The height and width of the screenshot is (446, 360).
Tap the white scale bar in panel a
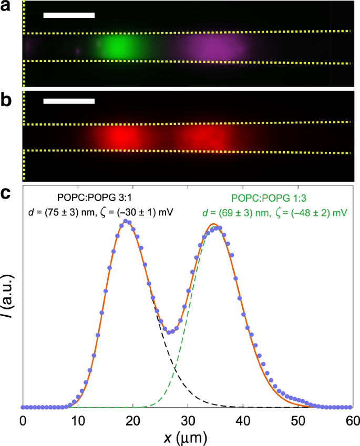coord(69,15)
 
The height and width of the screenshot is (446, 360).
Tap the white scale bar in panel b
coord(69,101)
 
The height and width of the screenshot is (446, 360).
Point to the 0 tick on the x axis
coord(23,421)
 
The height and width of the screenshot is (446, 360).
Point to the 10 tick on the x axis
coord(78,421)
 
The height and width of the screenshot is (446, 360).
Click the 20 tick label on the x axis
coord(133,421)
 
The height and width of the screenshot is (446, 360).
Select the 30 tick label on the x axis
coord(188,421)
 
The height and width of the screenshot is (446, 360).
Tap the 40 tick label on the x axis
coord(243,421)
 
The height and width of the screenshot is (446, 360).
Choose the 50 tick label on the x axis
coord(297,421)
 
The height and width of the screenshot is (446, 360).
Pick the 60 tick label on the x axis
coord(352,421)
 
